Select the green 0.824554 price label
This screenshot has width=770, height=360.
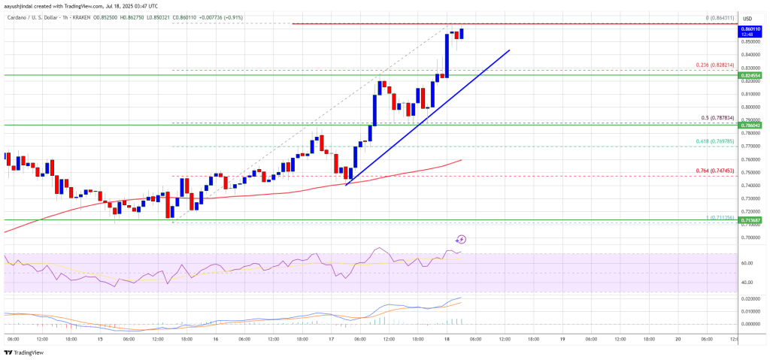click(x=751, y=76)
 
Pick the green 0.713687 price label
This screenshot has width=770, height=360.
click(x=751, y=219)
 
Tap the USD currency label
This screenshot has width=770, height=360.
click(x=748, y=18)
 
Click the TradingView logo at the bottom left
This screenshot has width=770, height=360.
click(x=23, y=353)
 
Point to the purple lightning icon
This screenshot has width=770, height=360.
click(x=461, y=239)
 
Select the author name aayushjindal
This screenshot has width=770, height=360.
click(x=20, y=5)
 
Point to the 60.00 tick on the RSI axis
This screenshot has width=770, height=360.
click(x=747, y=263)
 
